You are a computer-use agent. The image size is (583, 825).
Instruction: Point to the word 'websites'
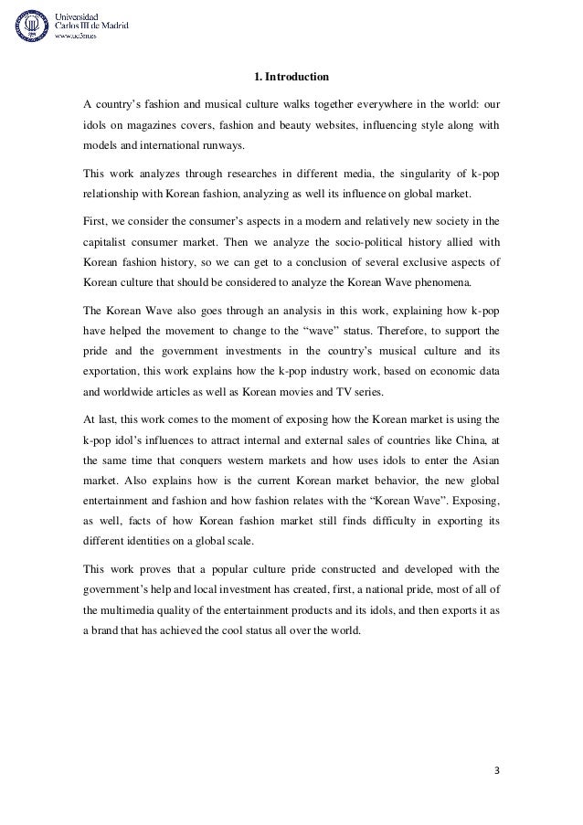(x=349, y=122)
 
